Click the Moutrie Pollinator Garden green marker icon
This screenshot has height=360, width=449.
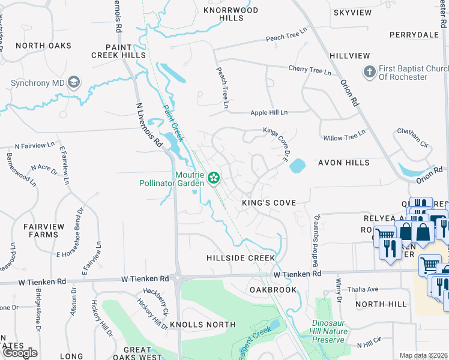[213, 178]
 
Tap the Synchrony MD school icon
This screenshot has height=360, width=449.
[74, 82]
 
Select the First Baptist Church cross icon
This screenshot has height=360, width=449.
[369, 73]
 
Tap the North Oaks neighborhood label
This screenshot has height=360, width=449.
[44, 46]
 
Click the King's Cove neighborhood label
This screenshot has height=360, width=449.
[269, 203]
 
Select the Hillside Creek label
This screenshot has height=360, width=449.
[241, 258]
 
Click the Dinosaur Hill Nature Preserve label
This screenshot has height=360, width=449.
[331, 331]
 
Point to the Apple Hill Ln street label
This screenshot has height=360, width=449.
[268, 112]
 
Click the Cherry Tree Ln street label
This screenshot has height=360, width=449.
[310, 70]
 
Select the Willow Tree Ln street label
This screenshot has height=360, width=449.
[345, 137]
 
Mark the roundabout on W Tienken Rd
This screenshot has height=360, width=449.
[178, 278]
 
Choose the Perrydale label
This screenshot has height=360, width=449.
[414, 35]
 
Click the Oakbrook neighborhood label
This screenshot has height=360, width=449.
[273, 290]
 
